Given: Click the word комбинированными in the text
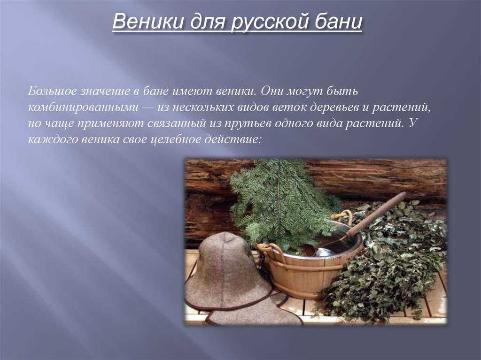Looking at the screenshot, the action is click(84, 107).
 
